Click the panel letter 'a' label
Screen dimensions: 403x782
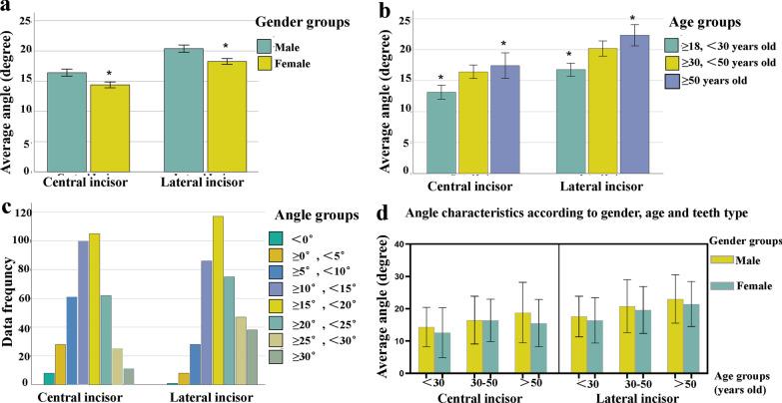click(x=9, y=9)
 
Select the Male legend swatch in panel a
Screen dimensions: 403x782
click(x=265, y=46)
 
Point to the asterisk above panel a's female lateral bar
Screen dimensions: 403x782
click(x=226, y=46)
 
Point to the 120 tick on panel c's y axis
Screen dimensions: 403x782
click(x=29, y=212)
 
